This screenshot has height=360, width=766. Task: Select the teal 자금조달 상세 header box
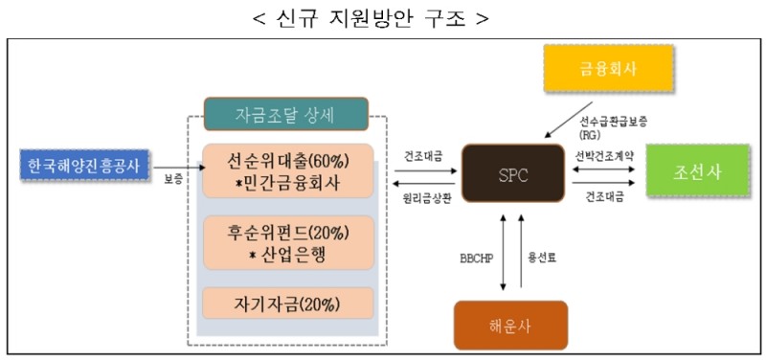point(284,115)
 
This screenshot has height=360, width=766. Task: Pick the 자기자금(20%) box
point(284,304)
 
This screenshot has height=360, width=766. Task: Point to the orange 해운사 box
point(510,326)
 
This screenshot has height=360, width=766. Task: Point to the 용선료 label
point(543,258)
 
